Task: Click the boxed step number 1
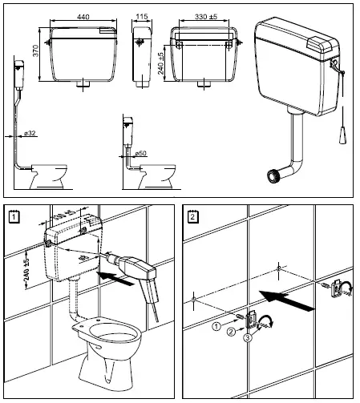[12, 215]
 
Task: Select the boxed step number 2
[192, 215]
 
